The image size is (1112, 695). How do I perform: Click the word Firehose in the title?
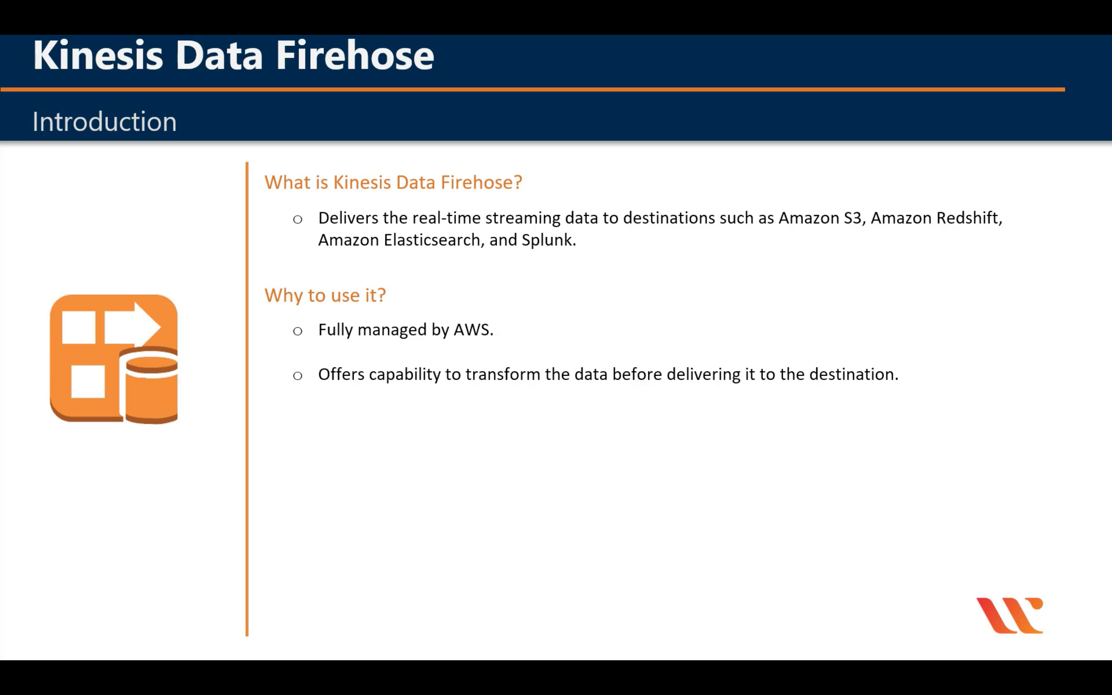(355, 55)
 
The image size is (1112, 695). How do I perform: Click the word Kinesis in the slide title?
(98, 55)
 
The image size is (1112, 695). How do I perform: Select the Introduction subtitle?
(104, 122)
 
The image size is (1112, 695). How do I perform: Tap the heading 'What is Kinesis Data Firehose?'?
(393, 182)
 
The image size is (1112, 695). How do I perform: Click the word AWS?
(473, 330)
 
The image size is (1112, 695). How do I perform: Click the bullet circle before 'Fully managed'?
(297, 331)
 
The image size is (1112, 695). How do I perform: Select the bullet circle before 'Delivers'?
(297, 219)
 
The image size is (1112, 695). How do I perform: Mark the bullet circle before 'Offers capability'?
(297, 375)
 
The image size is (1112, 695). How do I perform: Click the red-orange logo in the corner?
(1010, 616)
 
